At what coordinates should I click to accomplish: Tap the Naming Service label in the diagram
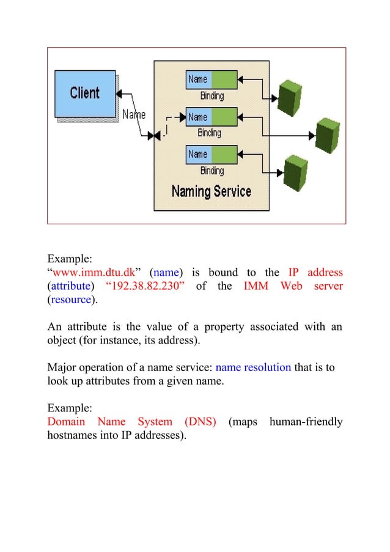(211, 191)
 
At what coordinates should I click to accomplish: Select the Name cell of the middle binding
(197, 117)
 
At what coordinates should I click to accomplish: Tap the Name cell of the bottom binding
(197, 154)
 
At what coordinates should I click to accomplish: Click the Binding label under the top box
(212, 95)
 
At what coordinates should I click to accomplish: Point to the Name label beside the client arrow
(134, 114)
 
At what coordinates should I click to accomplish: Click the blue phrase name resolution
(254, 368)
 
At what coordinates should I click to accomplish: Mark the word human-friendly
(306, 422)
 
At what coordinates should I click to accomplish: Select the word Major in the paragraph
(61, 368)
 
